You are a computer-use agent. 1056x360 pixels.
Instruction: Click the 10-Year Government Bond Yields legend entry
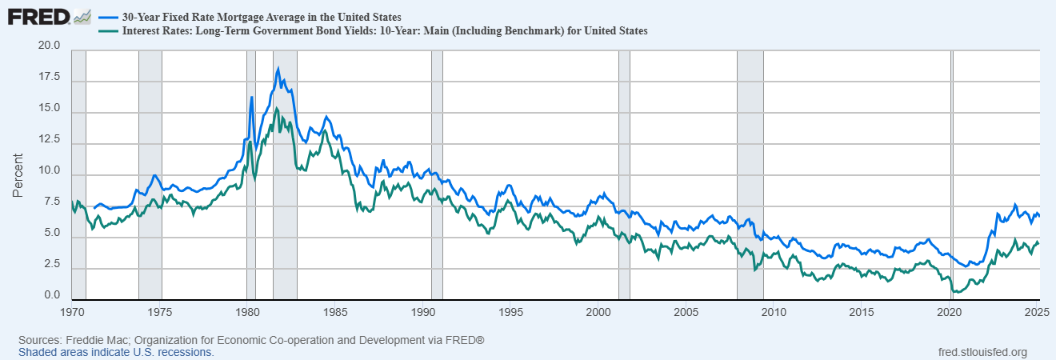coord(384,31)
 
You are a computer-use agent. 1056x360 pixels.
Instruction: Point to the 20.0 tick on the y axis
coord(50,46)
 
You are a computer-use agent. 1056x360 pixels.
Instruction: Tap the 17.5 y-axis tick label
coord(50,78)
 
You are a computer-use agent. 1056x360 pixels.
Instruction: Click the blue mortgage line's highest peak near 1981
coord(278,68)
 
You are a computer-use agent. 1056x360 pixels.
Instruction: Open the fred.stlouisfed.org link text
coord(982,352)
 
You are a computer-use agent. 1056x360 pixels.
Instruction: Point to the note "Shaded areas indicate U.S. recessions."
coord(116,352)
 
